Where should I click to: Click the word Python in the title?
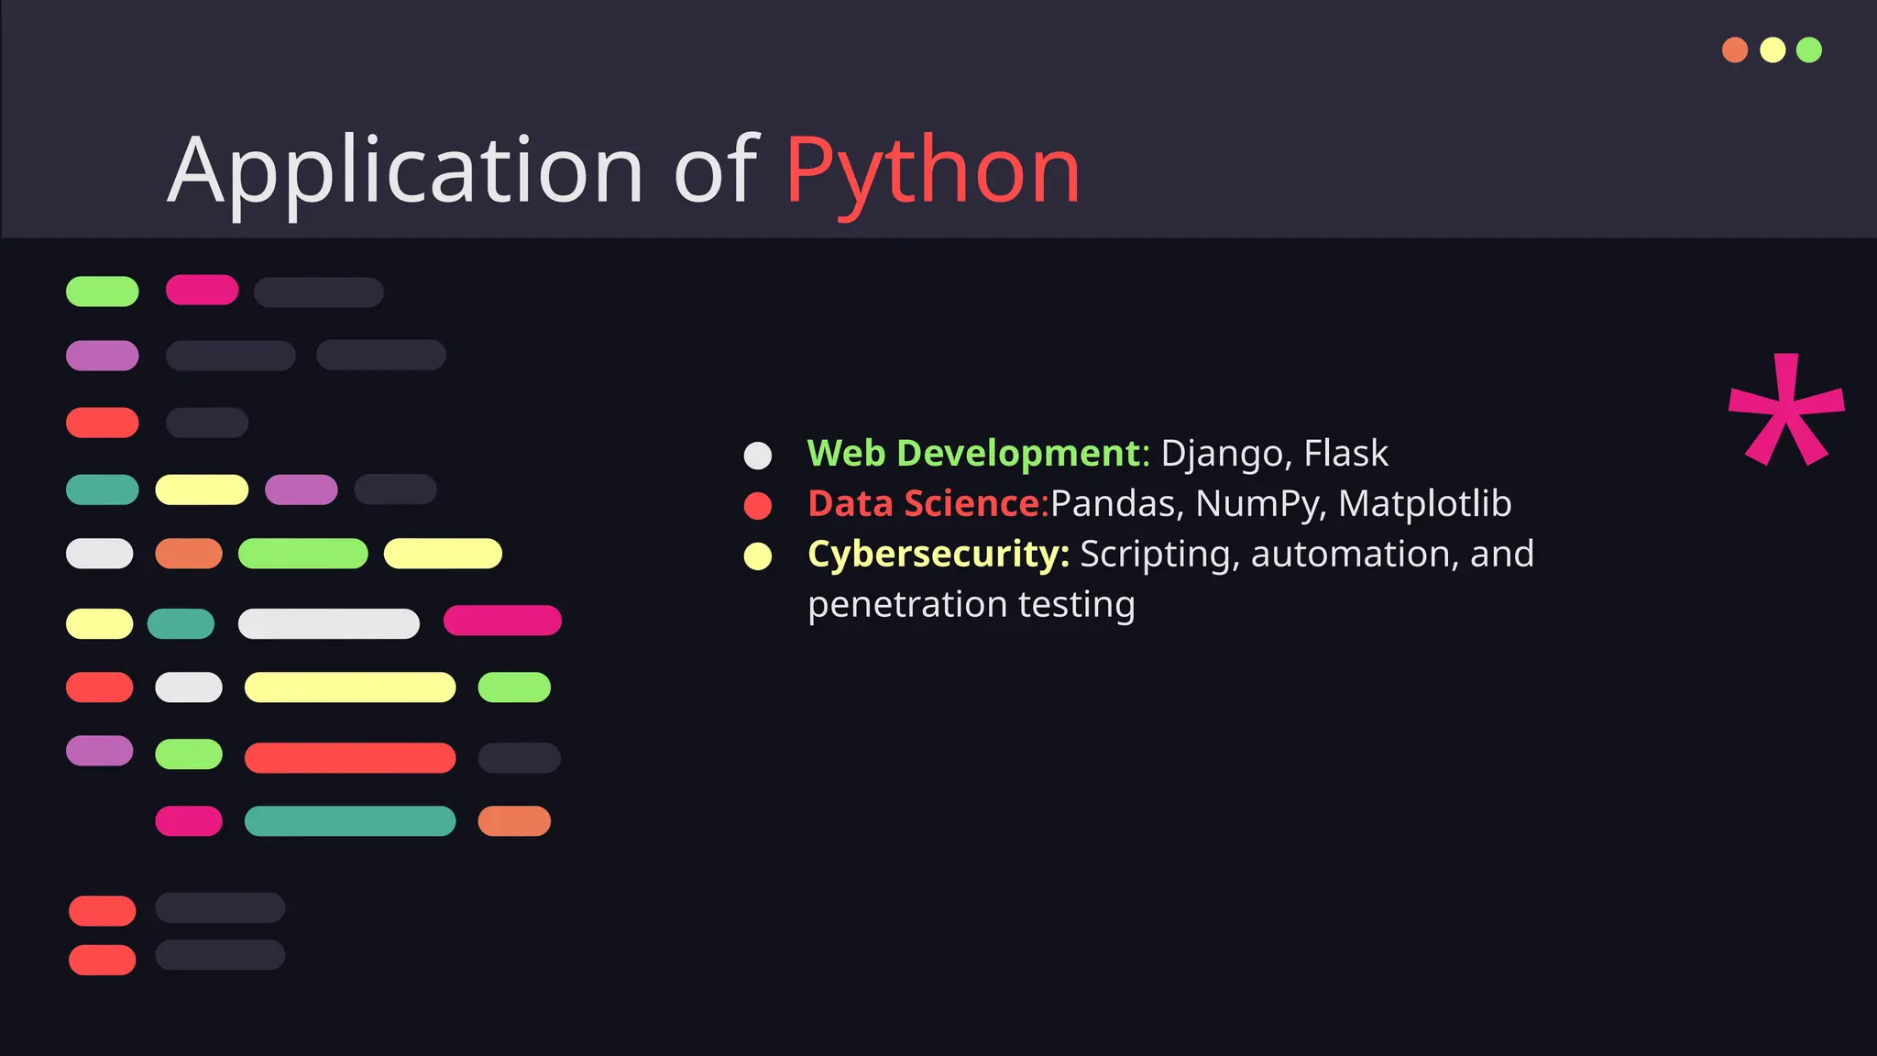click(x=932, y=170)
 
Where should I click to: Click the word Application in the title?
click(x=406, y=170)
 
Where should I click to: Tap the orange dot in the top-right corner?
click(x=1735, y=49)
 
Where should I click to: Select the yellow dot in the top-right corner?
click(x=1773, y=49)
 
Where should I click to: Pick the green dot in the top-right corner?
click(x=1809, y=49)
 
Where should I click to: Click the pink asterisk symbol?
click(x=1785, y=412)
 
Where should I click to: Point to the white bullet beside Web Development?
click(x=758, y=456)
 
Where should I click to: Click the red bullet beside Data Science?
click(x=758, y=506)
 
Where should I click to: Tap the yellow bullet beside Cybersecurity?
click(x=758, y=556)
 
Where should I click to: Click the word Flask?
click(x=1345, y=454)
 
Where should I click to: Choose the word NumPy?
click(x=1259, y=504)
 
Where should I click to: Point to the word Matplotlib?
click(x=1424, y=503)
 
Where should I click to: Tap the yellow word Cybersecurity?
click(x=938, y=555)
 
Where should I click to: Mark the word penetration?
click(x=907, y=605)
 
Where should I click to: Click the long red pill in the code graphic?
click(x=350, y=758)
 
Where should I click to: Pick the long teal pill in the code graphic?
click(x=350, y=821)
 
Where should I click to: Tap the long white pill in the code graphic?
click(x=329, y=624)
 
